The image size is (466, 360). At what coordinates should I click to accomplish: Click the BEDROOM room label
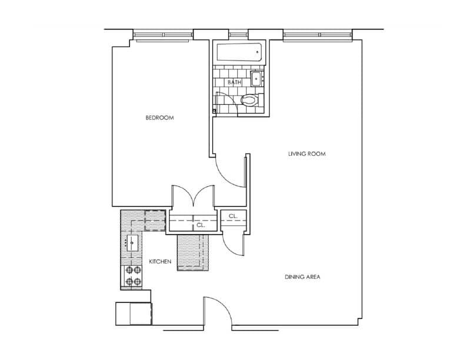click(160, 118)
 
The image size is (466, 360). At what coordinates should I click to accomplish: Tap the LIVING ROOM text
click(307, 154)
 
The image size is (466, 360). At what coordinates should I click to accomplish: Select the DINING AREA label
click(302, 277)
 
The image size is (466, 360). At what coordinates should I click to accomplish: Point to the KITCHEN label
click(160, 261)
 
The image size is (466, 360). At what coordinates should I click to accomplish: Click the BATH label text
click(235, 82)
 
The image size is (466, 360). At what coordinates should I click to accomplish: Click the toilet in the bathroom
click(249, 100)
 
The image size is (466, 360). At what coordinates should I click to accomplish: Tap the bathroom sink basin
click(257, 78)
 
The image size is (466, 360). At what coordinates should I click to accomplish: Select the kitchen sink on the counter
click(133, 241)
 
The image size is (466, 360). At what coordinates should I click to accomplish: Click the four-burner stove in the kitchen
click(133, 275)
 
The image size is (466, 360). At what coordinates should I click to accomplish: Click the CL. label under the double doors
click(200, 225)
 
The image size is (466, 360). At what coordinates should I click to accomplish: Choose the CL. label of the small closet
click(233, 216)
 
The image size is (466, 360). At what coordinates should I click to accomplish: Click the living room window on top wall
click(318, 35)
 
